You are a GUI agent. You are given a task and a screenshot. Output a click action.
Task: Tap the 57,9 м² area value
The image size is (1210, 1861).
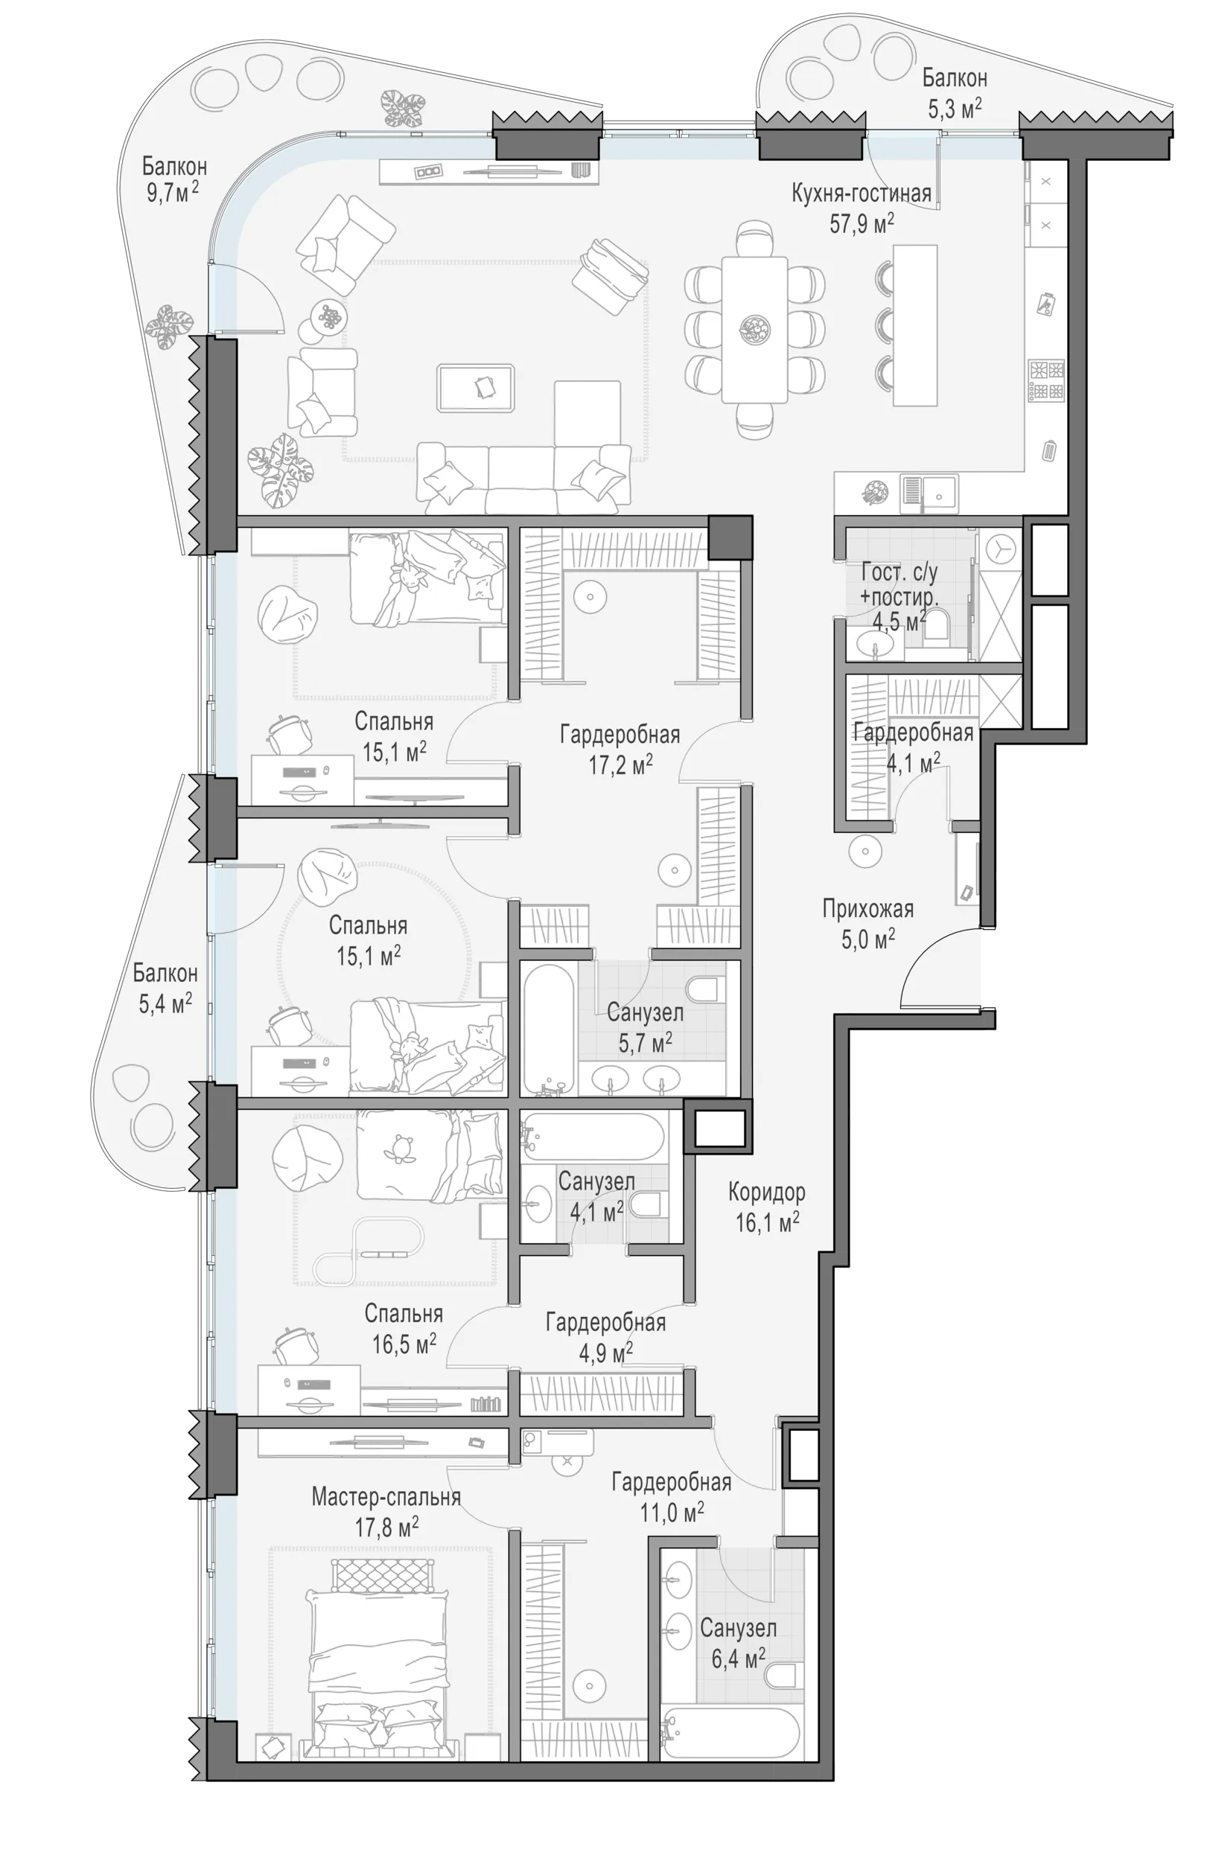(862, 223)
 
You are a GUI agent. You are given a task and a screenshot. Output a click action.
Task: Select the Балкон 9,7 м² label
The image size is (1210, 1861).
(173, 179)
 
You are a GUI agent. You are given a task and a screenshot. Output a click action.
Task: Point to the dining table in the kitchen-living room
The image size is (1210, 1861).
(754, 329)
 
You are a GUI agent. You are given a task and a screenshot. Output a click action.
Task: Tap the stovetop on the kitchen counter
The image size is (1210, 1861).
(1045, 380)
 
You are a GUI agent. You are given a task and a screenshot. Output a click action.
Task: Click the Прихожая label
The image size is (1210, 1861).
(867, 909)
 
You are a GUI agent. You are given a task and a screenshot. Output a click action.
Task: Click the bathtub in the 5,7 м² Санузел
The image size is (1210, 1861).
(549, 1027)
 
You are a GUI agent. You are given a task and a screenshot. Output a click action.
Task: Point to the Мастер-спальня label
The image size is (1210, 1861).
(386, 1497)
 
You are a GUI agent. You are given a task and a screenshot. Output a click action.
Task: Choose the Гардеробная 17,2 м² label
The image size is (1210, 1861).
(620, 749)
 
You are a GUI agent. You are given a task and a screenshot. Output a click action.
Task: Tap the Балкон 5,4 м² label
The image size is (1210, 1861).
(165, 988)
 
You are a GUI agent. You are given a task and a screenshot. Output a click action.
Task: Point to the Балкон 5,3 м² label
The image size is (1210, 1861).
(955, 93)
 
